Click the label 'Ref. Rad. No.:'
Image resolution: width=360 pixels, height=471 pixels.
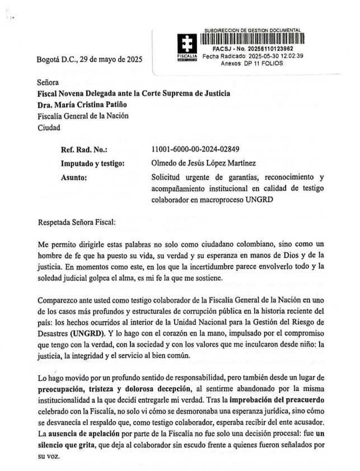[x=84, y=149]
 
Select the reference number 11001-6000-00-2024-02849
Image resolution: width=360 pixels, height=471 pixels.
[x=195, y=149]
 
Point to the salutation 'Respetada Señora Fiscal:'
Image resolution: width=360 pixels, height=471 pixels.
[x=76, y=222]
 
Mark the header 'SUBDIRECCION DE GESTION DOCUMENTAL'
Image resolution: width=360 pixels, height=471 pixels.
[x=253, y=30]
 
